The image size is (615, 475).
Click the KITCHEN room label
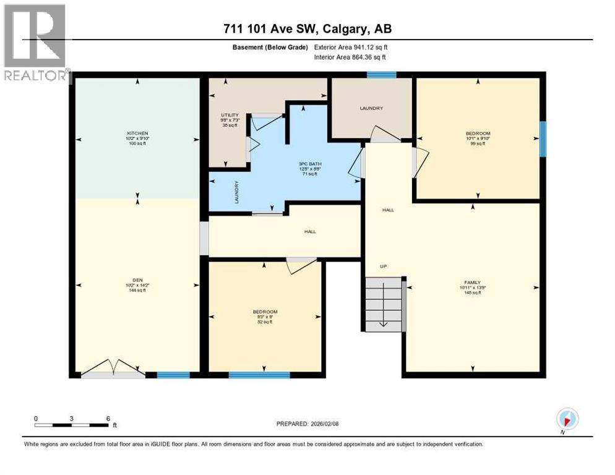click(137, 134)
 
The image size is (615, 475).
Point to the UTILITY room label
click(230, 115)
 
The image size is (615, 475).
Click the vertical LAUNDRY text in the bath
click(236, 192)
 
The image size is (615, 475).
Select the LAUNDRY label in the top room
click(371, 108)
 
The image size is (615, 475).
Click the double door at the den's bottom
click(113, 369)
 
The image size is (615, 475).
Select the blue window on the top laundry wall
click(381, 75)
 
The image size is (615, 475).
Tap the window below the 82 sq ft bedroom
click(259, 374)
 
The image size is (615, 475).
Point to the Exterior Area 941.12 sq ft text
click(351, 47)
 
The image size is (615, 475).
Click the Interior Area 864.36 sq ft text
click(350, 58)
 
